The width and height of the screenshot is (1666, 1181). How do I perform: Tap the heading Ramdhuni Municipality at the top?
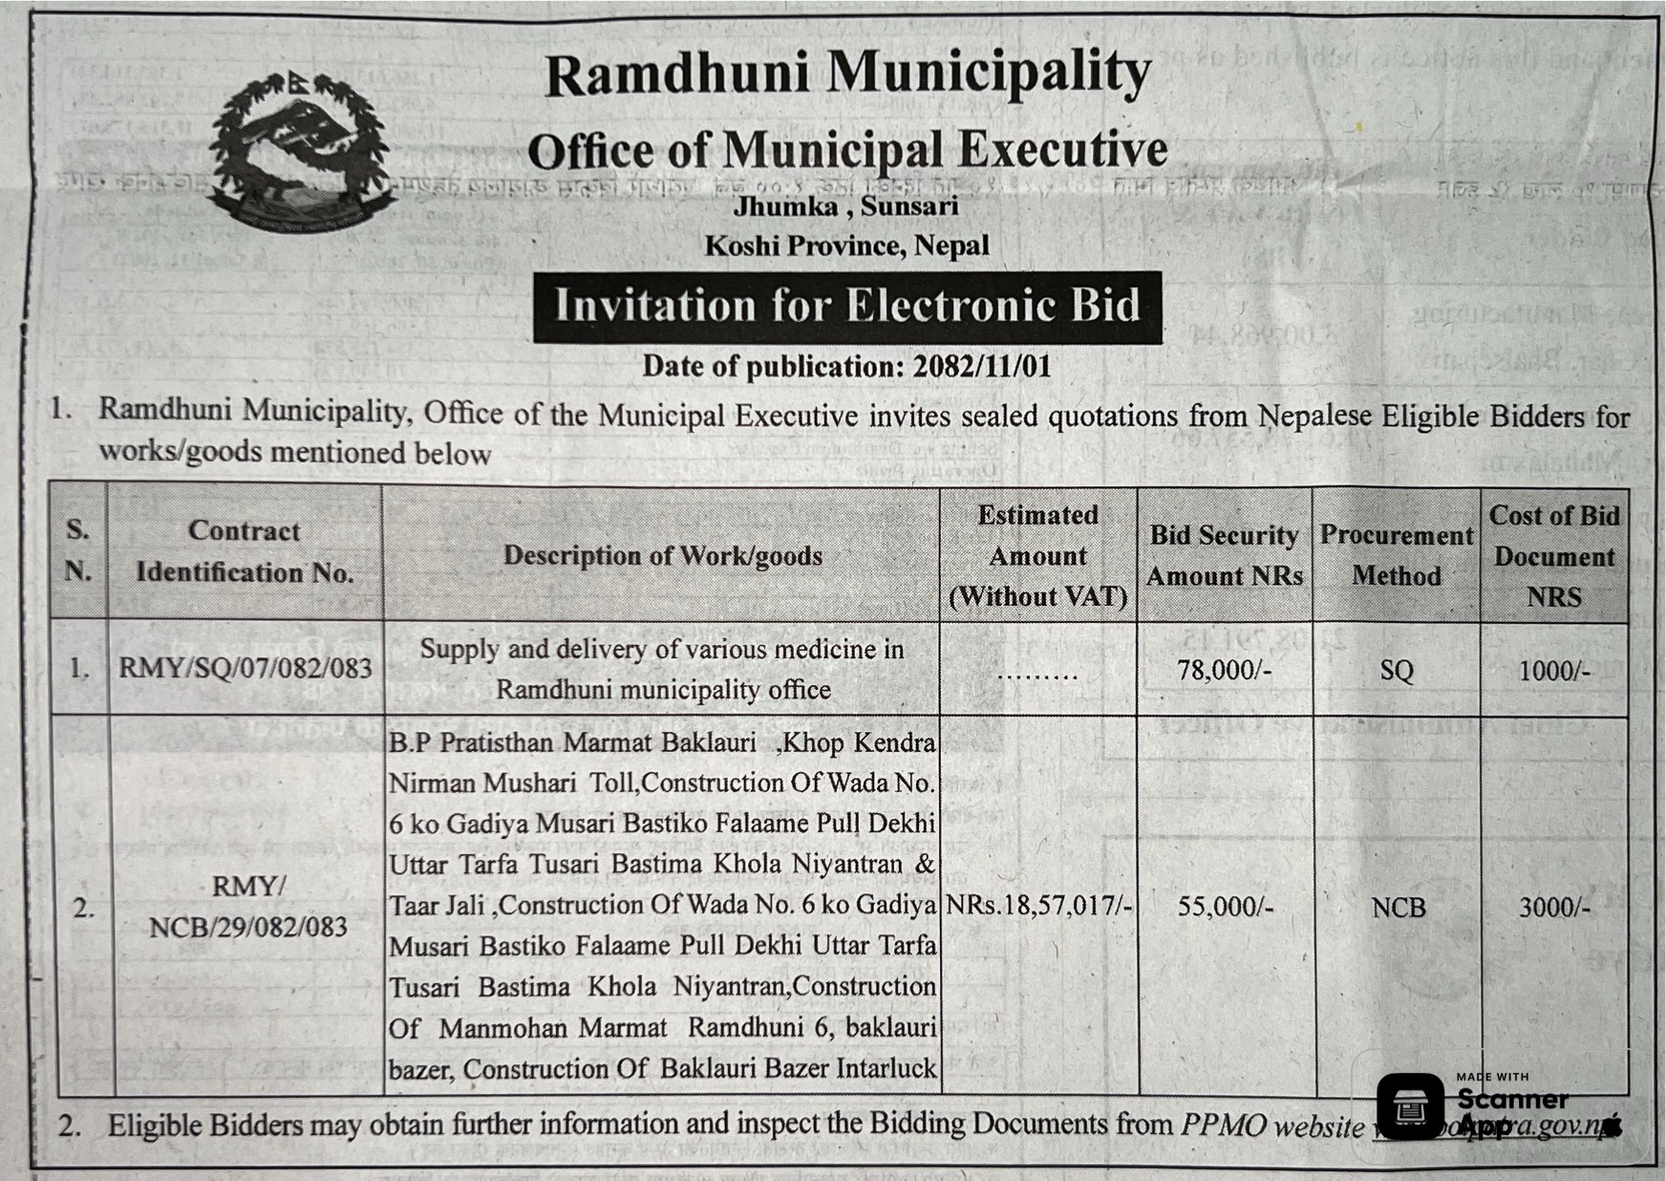point(847,74)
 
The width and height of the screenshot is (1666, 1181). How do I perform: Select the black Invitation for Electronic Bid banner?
point(847,307)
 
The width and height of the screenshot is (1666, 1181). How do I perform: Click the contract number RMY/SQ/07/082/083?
point(246,668)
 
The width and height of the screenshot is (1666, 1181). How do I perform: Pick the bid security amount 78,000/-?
point(1224,670)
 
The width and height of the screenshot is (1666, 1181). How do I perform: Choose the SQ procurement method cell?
point(1396,670)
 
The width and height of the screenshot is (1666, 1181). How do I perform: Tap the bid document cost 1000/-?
point(1553,670)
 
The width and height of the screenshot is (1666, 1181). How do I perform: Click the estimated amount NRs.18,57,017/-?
point(1038,905)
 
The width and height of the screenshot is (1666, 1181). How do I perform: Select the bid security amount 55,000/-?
point(1225,906)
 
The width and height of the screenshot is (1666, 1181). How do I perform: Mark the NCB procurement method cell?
point(1398,907)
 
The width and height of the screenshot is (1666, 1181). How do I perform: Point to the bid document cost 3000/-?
point(1554,907)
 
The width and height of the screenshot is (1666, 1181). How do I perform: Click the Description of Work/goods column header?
point(662,555)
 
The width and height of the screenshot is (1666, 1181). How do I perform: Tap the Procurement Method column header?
point(1396,555)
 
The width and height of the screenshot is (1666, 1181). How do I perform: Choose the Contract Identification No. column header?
point(245,551)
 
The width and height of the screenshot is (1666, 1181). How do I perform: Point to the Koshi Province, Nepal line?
point(846,246)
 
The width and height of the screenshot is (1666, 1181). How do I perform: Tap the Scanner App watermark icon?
point(1410,1106)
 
